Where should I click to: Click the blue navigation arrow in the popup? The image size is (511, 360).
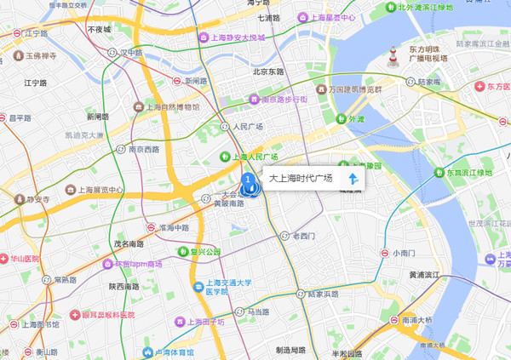[352, 179]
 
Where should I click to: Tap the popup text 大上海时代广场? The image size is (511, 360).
[300, 179]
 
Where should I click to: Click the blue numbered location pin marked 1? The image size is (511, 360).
[248, 180]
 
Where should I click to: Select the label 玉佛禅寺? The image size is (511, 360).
[40, 55]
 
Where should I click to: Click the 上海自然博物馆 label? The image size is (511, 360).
[173, 107]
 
